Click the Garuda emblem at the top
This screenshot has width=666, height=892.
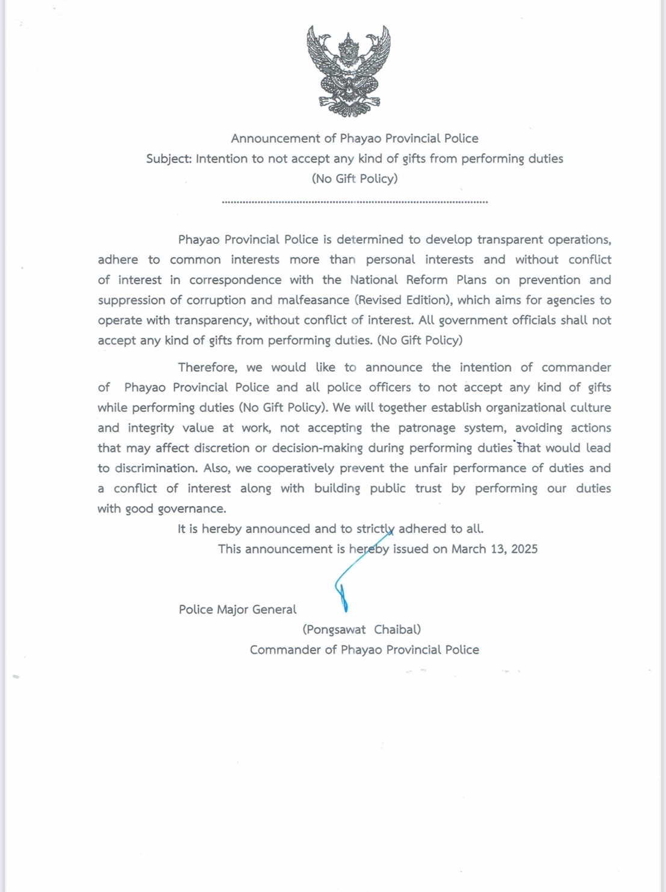(x=349, y=71)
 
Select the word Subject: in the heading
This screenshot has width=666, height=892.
(x=169, y=159)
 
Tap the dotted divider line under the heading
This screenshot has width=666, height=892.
(x=355, y=202)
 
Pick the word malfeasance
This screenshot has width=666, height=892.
(x=313, y=300)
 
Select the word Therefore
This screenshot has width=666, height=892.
(x=208, y=367)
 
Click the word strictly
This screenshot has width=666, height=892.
(x=375, y=529)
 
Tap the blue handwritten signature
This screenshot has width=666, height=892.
(x=349, y=578)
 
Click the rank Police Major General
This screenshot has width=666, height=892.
(x=237, y=610)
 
